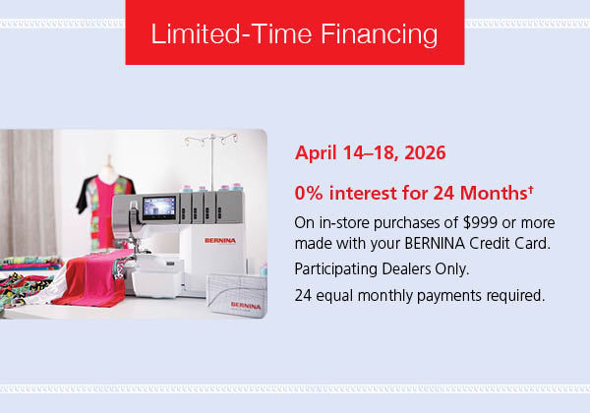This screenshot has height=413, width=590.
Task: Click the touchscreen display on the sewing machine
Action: tap(160, 207)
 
